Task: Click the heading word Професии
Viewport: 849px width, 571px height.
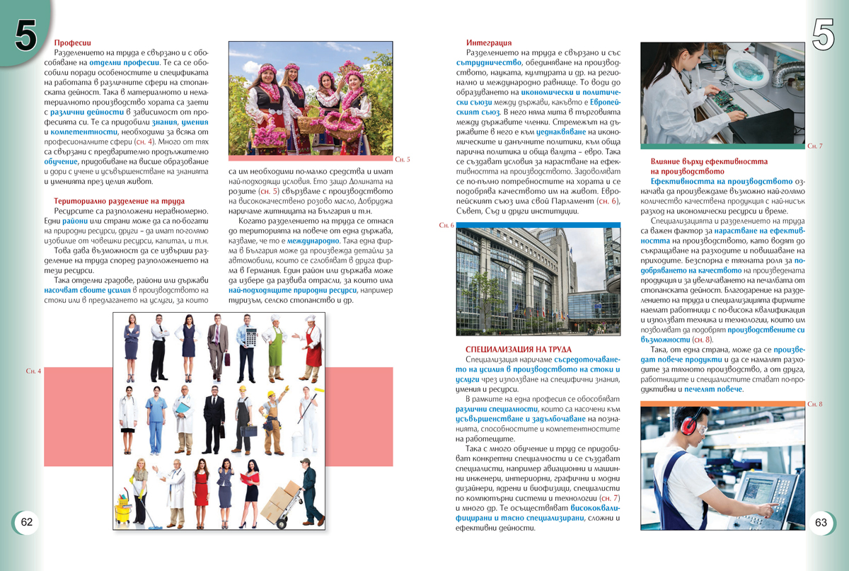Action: (72, 42)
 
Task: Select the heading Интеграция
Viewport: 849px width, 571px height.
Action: (489, 42)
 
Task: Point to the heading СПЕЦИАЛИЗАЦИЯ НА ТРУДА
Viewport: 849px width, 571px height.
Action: (518, 350)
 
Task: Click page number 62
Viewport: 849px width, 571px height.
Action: (27, 522)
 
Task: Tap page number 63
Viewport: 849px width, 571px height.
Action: (821, 522)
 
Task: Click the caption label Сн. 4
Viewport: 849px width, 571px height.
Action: (33, 371)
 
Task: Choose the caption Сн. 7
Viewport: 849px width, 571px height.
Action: (814, 146)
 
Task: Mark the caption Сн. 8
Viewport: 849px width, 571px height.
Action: (814, 404)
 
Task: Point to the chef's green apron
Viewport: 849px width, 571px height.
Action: (275, 347)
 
